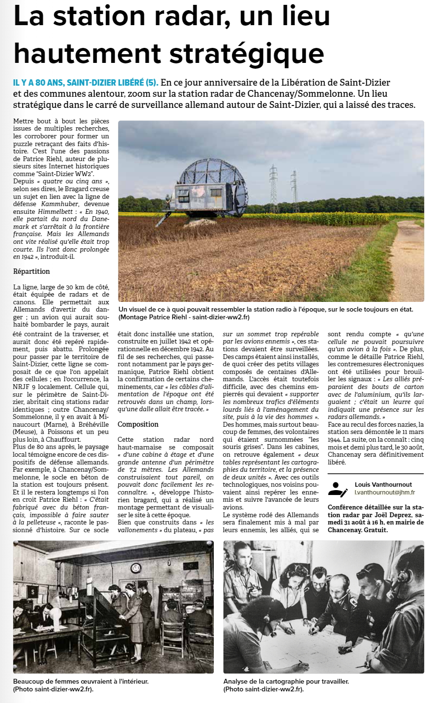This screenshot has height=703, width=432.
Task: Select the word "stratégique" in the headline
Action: pyautogui.click(x=238, y=54)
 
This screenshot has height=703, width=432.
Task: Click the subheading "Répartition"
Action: pyautogui.click(x=31, y=271)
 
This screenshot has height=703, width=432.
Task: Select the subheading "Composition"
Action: pyautogui.click(x=138, y=424)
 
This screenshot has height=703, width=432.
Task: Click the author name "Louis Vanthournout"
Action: pyautogui.click(x=383, y=484)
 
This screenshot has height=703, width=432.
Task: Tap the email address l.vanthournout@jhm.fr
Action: pyautogui.click(x=385, y=492)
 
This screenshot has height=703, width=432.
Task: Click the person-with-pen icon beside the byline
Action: pyautogui.click(x=338, y=489)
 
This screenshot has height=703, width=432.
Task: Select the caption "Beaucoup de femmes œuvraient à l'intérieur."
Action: pyautogui.click(x=81, y=681)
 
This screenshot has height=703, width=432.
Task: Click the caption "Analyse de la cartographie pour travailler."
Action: pyautogui.click(x=286, y=681)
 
